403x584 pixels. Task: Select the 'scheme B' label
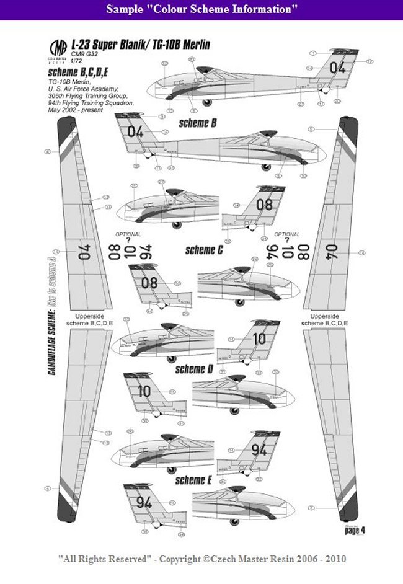click(198, 123)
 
